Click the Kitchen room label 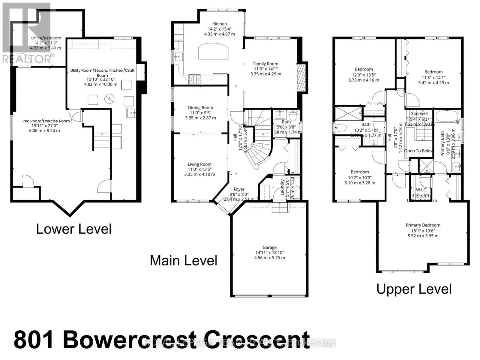220,24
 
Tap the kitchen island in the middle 213,52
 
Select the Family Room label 265,64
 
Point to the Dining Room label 200,108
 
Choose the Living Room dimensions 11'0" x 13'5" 199,169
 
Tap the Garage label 269,247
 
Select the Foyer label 239,189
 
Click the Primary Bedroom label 423,225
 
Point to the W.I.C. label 421,190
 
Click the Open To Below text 418,151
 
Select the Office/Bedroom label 46,38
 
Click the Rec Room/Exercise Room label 46,121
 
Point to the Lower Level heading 74,229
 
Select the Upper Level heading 414,289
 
